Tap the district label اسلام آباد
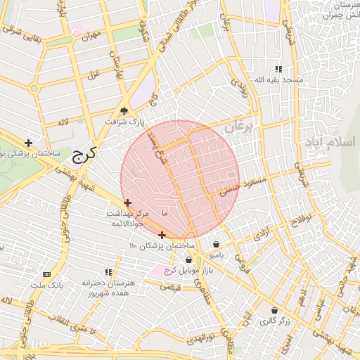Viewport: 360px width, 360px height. tap(330, 142)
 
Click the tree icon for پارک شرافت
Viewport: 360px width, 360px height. tap(124, 111)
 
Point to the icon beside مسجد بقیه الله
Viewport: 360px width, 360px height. tap(278, 69)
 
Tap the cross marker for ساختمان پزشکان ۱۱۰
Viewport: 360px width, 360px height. tap(162, 235)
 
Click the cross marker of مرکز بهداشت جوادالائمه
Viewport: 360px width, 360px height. tap(127, 202)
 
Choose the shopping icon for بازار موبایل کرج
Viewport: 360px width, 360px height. tap(188, 260)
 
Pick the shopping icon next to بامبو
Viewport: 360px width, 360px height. tap(215, 245)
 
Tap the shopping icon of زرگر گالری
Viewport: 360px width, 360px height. tap(274, 310)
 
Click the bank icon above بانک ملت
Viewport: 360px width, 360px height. tap(47, 274)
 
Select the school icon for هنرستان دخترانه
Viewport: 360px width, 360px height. tap(108, 271)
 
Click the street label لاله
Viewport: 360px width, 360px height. tap(63, 123)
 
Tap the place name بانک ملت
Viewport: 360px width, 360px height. tap(47, 285)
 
